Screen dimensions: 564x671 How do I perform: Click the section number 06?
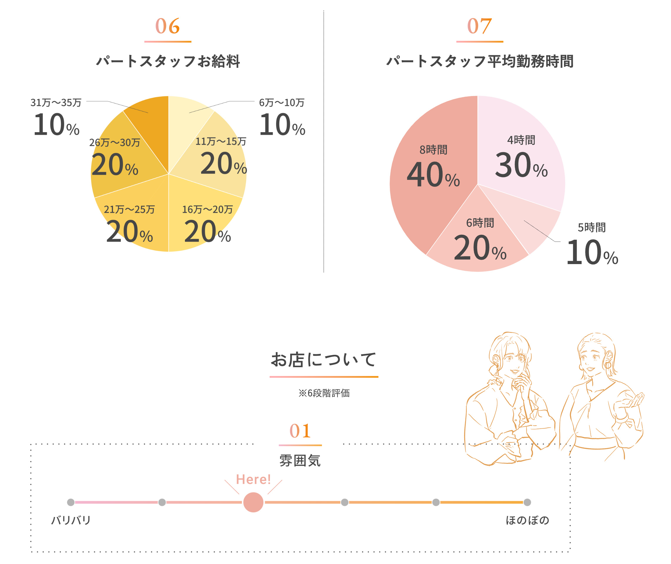tap(167, 26)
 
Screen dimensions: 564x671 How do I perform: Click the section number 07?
tap(479, 26)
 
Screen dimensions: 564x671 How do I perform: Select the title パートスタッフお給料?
tap(168, 61)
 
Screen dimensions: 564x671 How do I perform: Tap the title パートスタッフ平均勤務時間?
tap(480, 61)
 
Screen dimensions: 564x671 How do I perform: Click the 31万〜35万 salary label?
tap(56, 103)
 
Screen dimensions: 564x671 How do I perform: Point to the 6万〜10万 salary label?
tap(282, 103)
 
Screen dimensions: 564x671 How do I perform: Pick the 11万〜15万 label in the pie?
tap(221, 141)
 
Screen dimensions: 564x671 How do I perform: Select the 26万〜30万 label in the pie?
tap(115, 142)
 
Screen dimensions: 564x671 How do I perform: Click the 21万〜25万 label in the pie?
tap(129, 209)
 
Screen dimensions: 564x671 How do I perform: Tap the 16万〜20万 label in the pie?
tap(207, 209)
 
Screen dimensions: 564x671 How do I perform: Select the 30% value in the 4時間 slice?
tap(521, 165)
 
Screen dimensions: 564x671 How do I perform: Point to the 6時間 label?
tap(480, 223)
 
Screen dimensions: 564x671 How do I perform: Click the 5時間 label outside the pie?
tap(592, 227)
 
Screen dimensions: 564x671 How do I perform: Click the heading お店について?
tap(323, 360)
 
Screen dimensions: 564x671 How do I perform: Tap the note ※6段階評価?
tap(324, 393)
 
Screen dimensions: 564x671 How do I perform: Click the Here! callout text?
tap(253, 479)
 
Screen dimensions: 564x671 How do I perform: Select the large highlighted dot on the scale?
tap(253, 502)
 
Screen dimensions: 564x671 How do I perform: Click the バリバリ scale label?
tap(71, 520)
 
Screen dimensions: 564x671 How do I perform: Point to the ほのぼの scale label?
tap(527, 520)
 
